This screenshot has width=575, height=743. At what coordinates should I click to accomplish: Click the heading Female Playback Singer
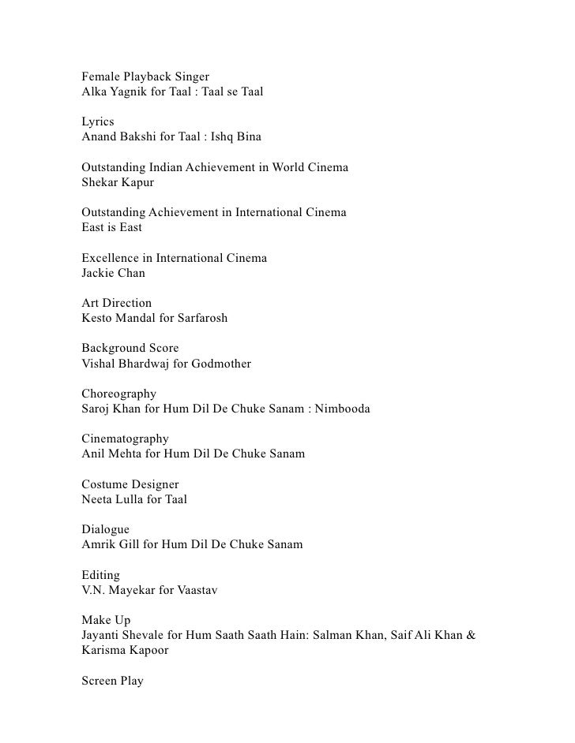pyautogui.click(x=145, y=77)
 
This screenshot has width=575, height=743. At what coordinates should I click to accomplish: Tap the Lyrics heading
pyautogui.click(x=98, y=122)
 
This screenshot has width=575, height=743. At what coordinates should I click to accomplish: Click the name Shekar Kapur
pyautogui.click(x=118, y=183)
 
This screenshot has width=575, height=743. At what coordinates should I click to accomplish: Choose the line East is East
pyautogui.click(x=111, y=228)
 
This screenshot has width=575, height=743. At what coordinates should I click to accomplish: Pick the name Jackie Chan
pyautogui.click(x=113, y=274)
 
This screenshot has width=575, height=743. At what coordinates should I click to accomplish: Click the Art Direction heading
pyautogui.click(x=116, y=304)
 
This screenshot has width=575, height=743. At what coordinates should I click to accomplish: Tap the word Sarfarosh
pyautogui.click(x=199, y=319)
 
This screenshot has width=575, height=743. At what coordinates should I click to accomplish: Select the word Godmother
pyautogui.click(x=223, y=364)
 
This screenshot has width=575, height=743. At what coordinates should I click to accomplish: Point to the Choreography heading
pyautogui.click(x=118, y=394)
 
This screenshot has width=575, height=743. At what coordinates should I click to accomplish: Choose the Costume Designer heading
pyautogui.click(x=130, y=484)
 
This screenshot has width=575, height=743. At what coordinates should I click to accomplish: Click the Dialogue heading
pyautogui.click(x=105, y=529)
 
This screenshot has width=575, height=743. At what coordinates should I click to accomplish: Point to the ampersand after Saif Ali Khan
pyautogui.click(x=470, y=636)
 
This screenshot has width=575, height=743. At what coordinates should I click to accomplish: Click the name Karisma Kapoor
pyautogui.click(x=125, y=651)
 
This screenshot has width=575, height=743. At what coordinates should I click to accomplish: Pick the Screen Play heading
pyautogui.click(x=112, y=681)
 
